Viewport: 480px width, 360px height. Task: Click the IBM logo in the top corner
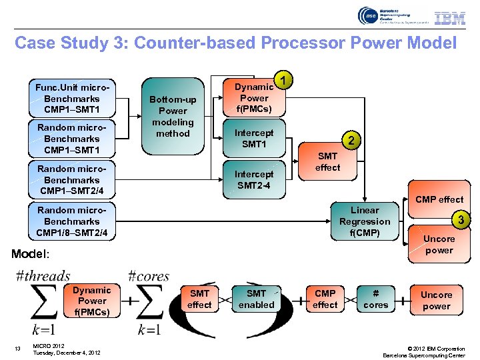click(450, 18)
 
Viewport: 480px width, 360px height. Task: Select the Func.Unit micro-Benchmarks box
click(72, 99)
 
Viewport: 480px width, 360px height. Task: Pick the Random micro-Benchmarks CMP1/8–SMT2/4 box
click(72, 221)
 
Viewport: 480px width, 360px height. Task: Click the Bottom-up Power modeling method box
click(173, 116)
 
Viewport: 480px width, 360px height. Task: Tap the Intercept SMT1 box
click(253, 139)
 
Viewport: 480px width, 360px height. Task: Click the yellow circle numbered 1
click(285, 81)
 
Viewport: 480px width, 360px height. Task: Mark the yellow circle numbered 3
click(459, 219)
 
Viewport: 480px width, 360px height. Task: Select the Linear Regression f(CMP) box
click(365, 221)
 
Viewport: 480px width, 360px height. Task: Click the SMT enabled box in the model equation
click(257, 299)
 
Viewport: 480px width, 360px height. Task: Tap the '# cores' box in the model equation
click(375, 299)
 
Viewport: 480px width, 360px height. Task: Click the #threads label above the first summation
click(43, 275)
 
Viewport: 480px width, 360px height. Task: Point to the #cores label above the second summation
click(148, 275)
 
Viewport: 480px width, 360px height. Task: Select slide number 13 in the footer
click(18, 347)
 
